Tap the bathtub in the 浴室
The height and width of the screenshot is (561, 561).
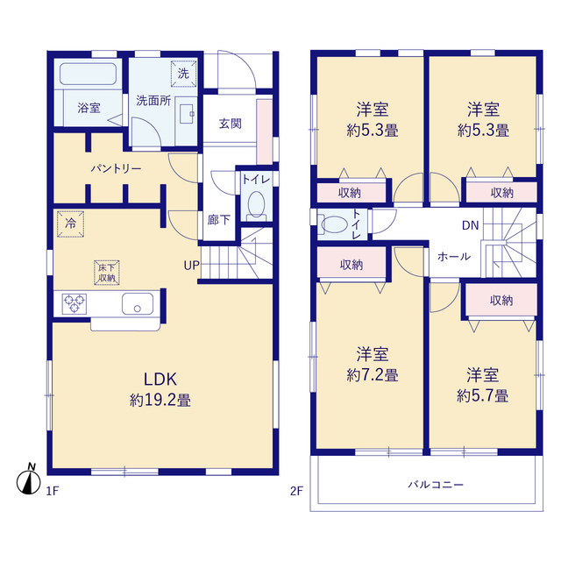click(88, 74)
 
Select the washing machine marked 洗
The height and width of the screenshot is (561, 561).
click(183, 74)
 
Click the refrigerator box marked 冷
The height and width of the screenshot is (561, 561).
click(70, 224)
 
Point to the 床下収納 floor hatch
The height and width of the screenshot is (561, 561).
click(107, 273)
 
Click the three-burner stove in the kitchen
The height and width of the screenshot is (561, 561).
click(75, 304)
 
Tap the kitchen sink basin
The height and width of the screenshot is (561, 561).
click(138, 304)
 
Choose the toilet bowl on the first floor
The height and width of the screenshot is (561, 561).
click(256, 205)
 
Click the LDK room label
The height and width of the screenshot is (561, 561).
click(160, 380)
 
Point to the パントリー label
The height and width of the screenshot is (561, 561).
click(116, 168)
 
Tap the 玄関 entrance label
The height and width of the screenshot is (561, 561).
click(231, 124)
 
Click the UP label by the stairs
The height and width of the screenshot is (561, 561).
click(192, 266)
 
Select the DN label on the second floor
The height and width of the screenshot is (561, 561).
click(470, 225)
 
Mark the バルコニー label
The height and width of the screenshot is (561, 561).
click(436, 485)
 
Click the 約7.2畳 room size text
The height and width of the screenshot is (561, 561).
click(373, 375)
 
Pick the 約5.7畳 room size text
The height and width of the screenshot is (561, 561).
click(483, 396)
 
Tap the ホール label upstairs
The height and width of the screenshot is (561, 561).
click(454, 257)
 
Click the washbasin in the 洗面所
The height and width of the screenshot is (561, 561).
click(187, 114)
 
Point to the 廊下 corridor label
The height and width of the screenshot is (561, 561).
click(218, 220)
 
